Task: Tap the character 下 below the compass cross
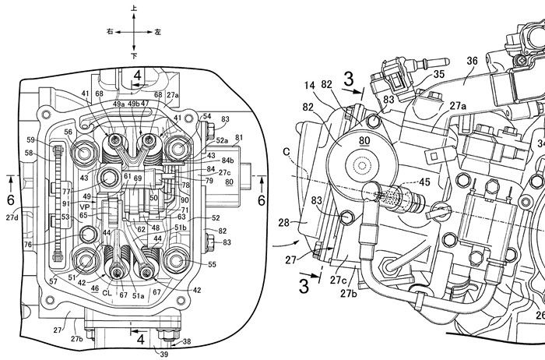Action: [x=134, y=56]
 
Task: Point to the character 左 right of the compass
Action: [x=157, y=32]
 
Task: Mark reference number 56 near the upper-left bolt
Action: [x=69, y=132]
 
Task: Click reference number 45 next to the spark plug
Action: [x=424, y=183]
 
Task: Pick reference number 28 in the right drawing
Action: [x=284, y=223]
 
